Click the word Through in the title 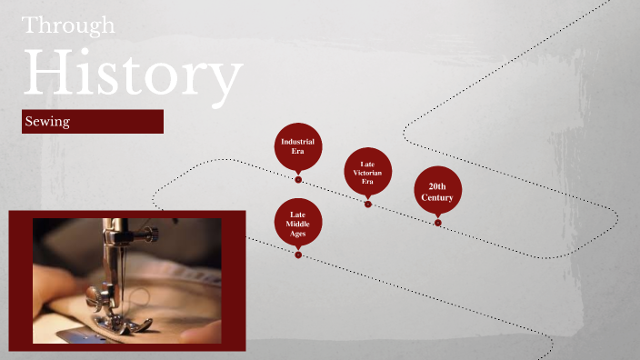click(68, 25)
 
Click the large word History click(133, 75)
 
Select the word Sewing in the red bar click(48, 121)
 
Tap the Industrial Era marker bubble click(297, 145)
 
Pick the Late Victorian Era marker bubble click(367, 171)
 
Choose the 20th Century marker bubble click(437, 191)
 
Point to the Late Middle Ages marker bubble click(297, 222)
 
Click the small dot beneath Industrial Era click(298, 180)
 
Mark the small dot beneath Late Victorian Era click(368, 204)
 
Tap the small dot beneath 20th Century click(438, 222)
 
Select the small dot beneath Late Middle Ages click(298, 255)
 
